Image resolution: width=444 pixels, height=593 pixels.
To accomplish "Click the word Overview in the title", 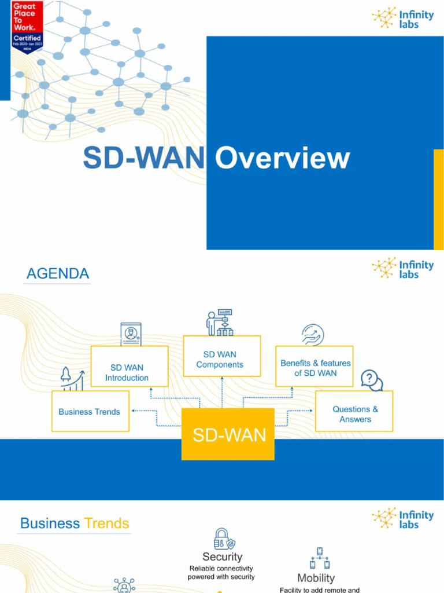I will (283, 158).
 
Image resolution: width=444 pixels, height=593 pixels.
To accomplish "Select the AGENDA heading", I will (58, 273).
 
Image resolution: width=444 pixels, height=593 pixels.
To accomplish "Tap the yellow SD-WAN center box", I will (228, 434).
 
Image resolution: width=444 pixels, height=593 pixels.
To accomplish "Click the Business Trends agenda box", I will (90, 412).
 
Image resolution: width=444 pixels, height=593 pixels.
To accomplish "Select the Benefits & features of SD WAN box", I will (315, 368).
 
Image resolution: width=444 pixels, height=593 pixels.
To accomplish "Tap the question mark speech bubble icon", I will (371, 380).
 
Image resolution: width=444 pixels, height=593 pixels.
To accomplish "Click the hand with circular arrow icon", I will (313, 335).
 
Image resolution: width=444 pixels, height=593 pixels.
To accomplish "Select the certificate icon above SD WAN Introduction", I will (131, 334).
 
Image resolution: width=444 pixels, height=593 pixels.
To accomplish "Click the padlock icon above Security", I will (223, 539).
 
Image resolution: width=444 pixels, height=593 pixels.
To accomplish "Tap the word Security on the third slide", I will (222, 557).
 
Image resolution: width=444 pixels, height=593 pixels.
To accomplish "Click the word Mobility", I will (316, 578).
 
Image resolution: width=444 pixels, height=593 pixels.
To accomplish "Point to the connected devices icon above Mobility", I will (319, 558).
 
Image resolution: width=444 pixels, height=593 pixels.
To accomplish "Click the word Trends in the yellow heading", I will (106, 524).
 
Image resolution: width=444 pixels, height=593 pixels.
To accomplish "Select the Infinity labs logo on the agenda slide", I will (403, 268).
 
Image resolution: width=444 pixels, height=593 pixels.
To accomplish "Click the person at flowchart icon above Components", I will (220, 323).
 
